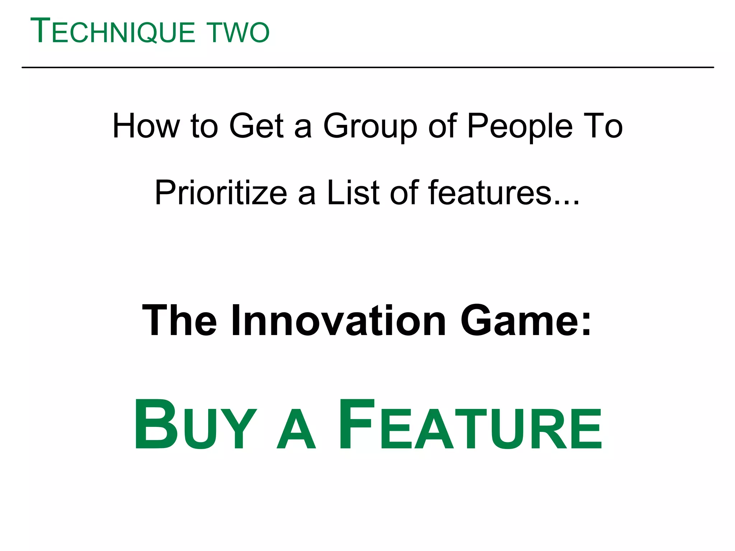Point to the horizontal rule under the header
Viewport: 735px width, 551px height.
coord(367,67)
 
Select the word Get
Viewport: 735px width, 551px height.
coord(257,126)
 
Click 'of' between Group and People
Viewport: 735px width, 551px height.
coord(442,126)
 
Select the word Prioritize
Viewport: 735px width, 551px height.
coord(221,193)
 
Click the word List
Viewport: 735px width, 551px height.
coord(353,193)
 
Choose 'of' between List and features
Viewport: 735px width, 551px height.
coord(404,193)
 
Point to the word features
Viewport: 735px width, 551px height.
coord(490,193)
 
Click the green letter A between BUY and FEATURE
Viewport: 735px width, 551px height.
coord(296,430)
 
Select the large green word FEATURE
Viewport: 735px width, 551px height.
coord(470,425)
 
